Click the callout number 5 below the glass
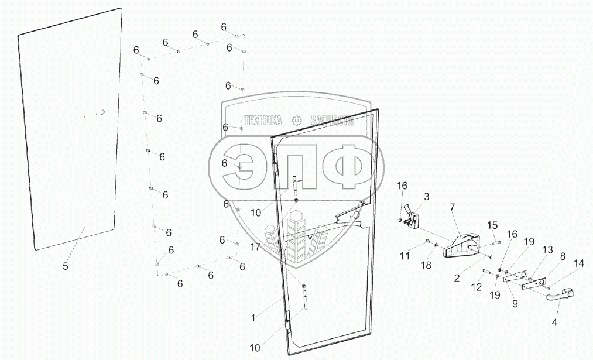click(66, 266)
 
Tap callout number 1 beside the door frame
click(253, 317)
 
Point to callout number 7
click(452, 207)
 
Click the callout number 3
click(426, 197)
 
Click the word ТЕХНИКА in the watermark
click(263, 121)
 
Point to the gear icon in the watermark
click(296, 121)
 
